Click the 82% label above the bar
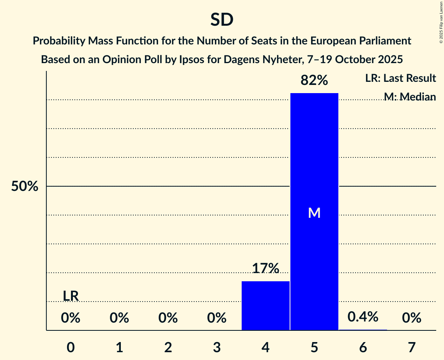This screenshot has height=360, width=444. click(x=314, y=81)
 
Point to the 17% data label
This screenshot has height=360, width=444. click(x=265, y=268)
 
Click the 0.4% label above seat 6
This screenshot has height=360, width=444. click(x=363, y=317)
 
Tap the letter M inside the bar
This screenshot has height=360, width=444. click(x=314, y=213)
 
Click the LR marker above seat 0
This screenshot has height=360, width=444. click(x=71, y=296)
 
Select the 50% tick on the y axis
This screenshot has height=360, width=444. click(x=25, y=187)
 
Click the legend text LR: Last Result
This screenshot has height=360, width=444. click(x=400, y=78)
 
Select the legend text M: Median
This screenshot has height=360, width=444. click(x=409, y=97)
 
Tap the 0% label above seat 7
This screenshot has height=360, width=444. click(x=412, y=318)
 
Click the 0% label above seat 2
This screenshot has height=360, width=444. click(x=168, y=318)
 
